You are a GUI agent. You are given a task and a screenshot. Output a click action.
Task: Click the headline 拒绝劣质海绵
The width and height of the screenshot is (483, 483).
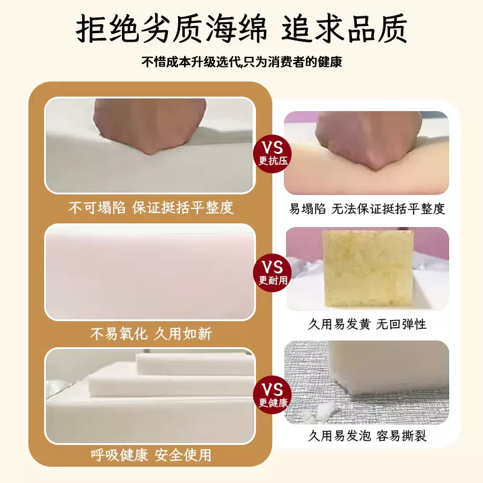click(x=171, y=29)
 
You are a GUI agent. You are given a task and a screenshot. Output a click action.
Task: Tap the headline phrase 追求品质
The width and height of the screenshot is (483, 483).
click(x=344, y=28)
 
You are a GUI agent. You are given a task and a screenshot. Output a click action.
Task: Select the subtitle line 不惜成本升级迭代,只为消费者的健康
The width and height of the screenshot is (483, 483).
click(x=242, y=62)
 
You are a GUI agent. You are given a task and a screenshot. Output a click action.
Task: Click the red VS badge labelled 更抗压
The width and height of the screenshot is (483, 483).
click(x=272, y=153)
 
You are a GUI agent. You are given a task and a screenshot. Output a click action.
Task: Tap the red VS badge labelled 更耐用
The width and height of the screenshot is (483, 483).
click(x=272, y=273)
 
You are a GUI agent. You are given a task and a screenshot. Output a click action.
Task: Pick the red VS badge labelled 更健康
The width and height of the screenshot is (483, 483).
click(x=272, y=395)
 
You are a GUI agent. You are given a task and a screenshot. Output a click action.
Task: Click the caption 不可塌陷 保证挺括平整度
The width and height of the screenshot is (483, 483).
click(x=150, y=208)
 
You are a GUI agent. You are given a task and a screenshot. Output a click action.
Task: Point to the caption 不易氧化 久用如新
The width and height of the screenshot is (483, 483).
click(x=150, y=334)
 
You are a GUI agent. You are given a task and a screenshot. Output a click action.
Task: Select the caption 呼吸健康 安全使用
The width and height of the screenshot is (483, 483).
click(x=150, y=455)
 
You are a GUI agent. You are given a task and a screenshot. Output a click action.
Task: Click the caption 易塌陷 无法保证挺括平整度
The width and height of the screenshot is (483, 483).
click(x=367, y=208)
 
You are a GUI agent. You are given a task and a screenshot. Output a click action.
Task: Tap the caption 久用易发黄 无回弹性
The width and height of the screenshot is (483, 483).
click(x=367, y=324)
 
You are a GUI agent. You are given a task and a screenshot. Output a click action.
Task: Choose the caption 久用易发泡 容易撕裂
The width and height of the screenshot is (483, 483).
click(x=367, y=435)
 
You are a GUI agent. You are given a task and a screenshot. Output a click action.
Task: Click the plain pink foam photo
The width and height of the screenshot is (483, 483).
click(x=150, y=272)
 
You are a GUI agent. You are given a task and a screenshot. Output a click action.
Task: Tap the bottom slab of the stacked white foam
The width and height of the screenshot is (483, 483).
click(x=150, y=418)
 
